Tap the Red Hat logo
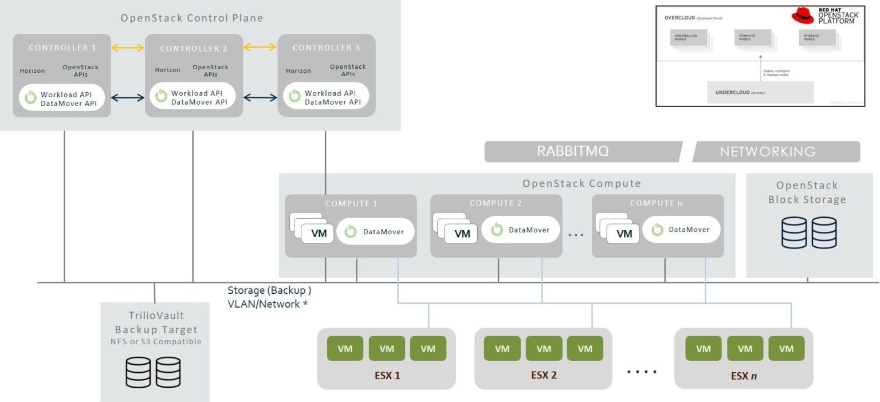click(x=803, y=16)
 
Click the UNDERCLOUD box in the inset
click(x=760, y=92)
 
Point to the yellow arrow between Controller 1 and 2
click(x=128, y=48)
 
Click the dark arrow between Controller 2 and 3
click(x=260, y=98)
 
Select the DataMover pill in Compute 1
click(x=376, y=231)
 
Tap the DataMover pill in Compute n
click(x=681, y=230)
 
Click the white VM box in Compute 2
click(x=461, y=234)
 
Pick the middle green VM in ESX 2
click(x=544, y=349)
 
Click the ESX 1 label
click(x=386, y=376)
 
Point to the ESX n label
click(x=744, y=376)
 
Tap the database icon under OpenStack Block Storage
click(x=809, y=232)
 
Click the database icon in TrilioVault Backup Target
click(x=153, y=372)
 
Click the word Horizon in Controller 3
click(x=298, y=71)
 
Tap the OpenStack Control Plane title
click(x=192, y=18)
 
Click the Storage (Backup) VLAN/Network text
click(x=269, y=297)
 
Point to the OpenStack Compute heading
click(x=582, y=183)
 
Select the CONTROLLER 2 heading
click(x=194, y=49)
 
